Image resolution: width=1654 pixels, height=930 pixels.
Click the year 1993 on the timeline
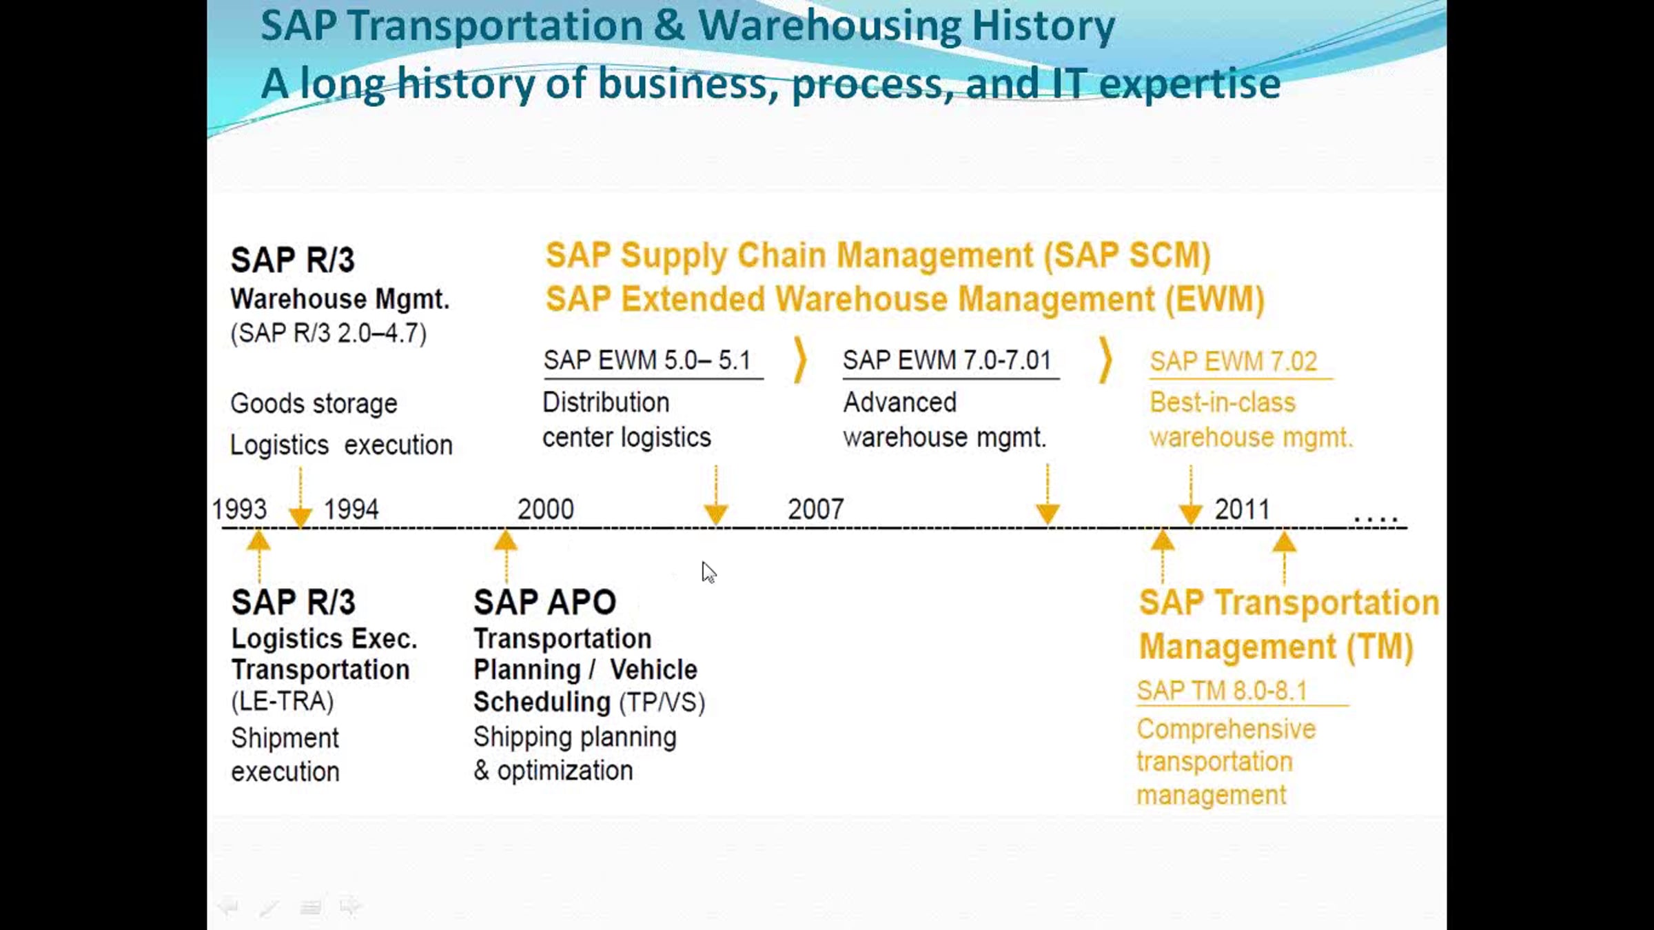pyautogui.click(x=239, y=509)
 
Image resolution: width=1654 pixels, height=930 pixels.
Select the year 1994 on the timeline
pyautogui.click(x=351, y=509)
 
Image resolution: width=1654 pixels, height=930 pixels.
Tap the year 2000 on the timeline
pyautogui.click(x=545, y=509)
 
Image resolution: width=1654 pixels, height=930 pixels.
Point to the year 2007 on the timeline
pyautogui.click(x=815, y=509)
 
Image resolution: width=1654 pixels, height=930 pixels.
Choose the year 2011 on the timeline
pyautogui.click(x=1242, y=509)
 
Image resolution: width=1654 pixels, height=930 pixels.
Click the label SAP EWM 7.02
pyautogui.click(x=1233, y=361)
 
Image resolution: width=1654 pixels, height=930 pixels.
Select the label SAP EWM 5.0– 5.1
pyautogui.click(x=646, y=360)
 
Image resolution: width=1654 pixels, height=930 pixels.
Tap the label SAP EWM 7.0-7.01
pyautogui.click(x=947, y=360)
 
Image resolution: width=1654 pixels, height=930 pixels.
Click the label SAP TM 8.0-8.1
pyautogui.click(x=1222, y=690)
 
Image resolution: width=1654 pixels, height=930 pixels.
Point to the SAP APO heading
pyautogui.click(x=544, y=602)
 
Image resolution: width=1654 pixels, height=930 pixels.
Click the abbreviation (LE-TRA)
pyautogui.click(x=283, y=701)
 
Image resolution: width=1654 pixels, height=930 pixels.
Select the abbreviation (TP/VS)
pyautogui.click(x=662, y=702)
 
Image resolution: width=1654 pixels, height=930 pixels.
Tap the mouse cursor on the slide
pyautogui.click(x=708, y=572)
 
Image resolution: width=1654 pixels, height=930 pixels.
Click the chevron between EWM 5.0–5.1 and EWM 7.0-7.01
pyautogui.click(x=800, y=359)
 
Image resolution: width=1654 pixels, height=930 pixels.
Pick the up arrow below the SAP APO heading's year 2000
pyautogui.click(x=506, y=556)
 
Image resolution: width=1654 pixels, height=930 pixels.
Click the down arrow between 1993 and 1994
pyautogui.click(x=300, y=498)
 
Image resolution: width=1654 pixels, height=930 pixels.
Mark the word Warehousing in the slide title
pyautogui.click(x=830, y=26)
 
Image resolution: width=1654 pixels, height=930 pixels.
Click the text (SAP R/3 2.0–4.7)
pyautogui.click(x=329, y=333)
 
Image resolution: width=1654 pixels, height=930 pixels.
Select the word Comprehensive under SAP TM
pyautogui.click(x=1226, y=729)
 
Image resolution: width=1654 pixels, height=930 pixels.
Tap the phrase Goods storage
pyautogui.click(x=314, y=403)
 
